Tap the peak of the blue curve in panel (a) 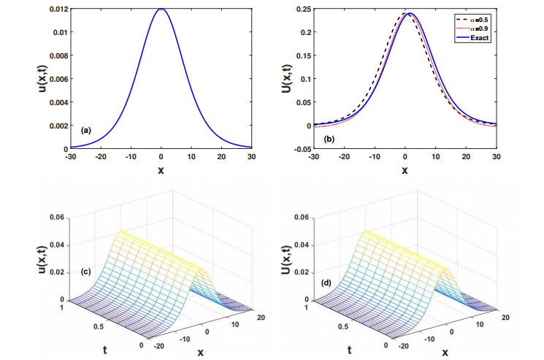click(161, 9)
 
